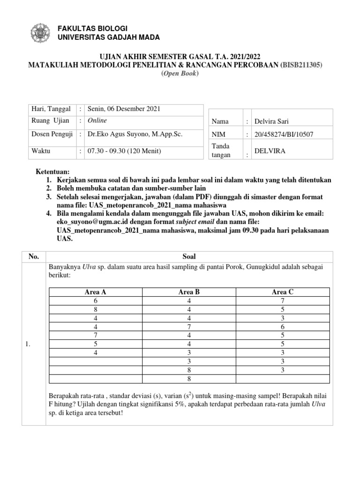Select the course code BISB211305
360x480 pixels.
coord(301,66)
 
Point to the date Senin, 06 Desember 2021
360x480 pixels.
coord(120,109)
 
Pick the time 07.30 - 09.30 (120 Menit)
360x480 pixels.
coord(120,151)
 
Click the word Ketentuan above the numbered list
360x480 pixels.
coord(53,172)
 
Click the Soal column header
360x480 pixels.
coord(189,256)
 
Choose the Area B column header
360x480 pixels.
coord(189,292)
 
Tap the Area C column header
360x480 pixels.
coord(283,292)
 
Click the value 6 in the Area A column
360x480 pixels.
coord(96,300)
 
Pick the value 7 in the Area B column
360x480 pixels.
coord(189,326)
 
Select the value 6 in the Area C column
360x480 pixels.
coord(283,326)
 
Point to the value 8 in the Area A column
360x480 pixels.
coord(96,309)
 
